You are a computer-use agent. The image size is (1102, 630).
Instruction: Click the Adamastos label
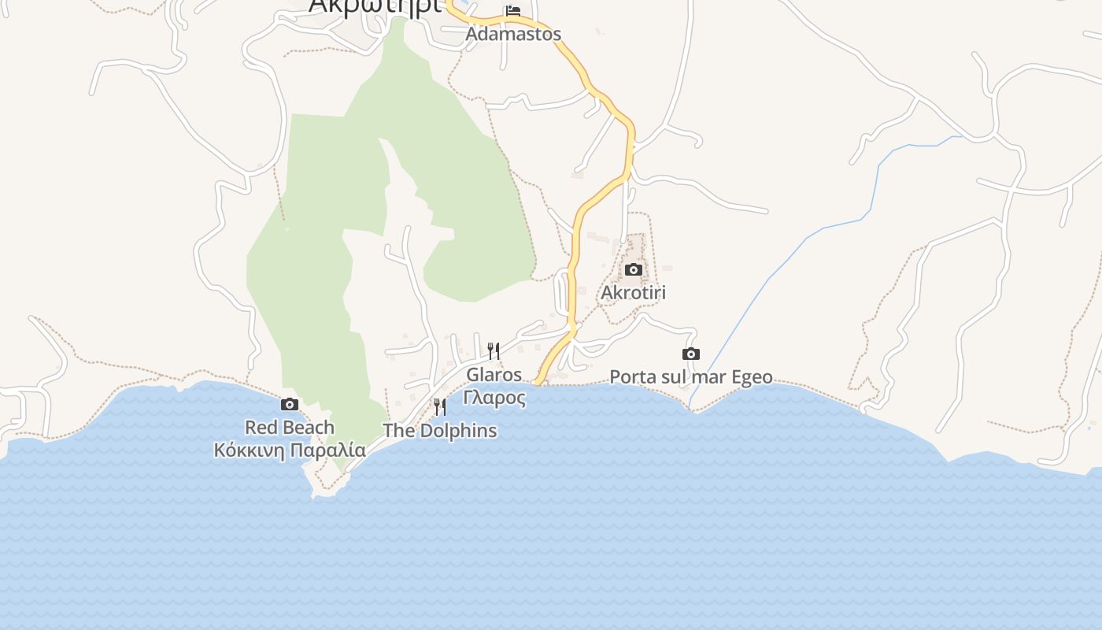[513, 34]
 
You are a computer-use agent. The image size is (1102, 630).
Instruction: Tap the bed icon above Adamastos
[513, 11]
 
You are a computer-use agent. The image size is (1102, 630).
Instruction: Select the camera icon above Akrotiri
[633, 270]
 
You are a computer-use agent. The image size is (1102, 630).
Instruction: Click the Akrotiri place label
[633, 293]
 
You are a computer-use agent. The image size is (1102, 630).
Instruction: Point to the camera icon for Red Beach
[290, 405]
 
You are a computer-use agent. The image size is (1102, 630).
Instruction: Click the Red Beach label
[290, 428]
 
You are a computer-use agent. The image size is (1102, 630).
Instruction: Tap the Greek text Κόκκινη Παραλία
[290, 450]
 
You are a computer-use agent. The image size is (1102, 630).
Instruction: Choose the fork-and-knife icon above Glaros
[494, 350]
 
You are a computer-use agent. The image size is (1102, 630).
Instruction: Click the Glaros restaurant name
[494, 374]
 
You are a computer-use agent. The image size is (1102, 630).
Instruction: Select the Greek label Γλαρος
[494, 397]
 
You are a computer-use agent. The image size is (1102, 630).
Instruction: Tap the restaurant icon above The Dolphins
[440, 407]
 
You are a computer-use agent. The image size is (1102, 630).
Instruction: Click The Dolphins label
[439, 431]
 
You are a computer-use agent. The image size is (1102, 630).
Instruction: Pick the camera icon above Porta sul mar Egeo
[690, 354]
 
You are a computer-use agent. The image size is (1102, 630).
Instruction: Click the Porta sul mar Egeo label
[690, 377]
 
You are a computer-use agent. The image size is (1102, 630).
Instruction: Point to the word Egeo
[752, 377]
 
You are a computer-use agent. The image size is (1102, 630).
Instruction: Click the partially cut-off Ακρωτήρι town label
[374, 6]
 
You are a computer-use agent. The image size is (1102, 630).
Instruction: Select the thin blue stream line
[787, 260]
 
